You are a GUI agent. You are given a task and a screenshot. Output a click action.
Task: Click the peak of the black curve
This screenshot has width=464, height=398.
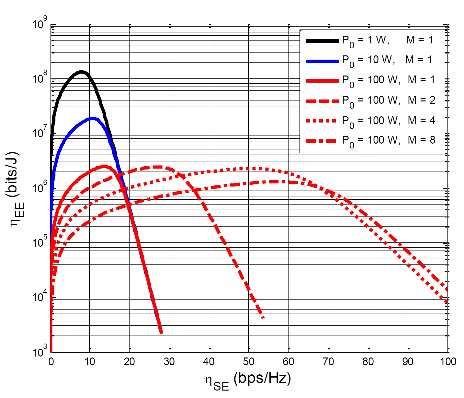pos(81,72)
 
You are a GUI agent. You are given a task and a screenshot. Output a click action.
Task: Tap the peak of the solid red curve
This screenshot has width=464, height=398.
pos(104,166)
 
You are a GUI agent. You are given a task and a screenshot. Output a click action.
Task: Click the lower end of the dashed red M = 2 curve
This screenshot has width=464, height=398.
pos(263,317)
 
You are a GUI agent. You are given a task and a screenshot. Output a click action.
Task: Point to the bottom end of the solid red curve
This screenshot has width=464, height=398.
pos(161,333)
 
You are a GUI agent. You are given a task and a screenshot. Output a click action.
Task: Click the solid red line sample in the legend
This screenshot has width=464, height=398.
pos(322,80)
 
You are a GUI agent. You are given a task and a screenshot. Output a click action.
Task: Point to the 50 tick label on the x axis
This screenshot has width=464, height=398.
pos(249,361)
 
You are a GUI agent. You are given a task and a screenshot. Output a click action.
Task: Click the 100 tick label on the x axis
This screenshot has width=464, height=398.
pos(448,361)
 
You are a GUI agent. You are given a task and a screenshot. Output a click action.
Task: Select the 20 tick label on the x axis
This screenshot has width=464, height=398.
pos(130,361)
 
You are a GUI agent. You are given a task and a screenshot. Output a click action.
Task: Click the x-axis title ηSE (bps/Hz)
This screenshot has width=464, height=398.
pos(248,380)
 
